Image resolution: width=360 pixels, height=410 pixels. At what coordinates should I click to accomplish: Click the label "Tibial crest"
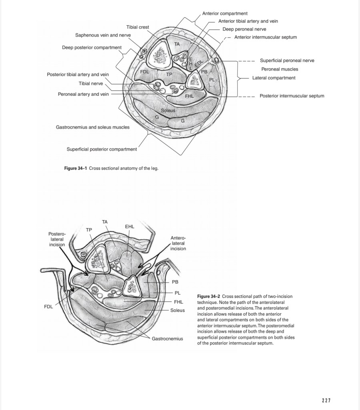tap(138, 27)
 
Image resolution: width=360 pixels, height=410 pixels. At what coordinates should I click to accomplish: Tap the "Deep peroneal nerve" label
tap(244, 29)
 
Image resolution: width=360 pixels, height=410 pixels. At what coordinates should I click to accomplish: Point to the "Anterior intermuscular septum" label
tap(265, 37)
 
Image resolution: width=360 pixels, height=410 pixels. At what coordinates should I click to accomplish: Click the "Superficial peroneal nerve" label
tap(287, 60)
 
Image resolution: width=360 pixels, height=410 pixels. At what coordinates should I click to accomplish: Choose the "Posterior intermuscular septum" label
tap(292, 96)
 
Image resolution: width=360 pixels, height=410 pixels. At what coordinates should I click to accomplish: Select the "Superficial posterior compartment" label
tap(102, 149)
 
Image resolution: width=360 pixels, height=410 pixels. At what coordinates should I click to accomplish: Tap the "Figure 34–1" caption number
tap(76, 168)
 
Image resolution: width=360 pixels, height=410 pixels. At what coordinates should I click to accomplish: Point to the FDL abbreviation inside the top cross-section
tap(144, 71)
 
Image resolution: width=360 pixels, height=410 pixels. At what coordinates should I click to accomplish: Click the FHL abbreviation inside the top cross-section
tap(189, 96)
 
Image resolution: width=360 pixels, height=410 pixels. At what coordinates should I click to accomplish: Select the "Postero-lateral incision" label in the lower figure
tap(56, 239)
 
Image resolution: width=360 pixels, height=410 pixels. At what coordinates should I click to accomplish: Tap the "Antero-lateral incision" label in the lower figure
tap(178, 243)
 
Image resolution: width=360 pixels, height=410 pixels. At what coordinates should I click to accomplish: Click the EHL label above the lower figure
tap(129, 227)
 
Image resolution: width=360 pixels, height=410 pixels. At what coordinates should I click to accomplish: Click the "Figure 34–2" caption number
tap(208, 296)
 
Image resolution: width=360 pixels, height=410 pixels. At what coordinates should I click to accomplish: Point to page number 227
tap(326, 400)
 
